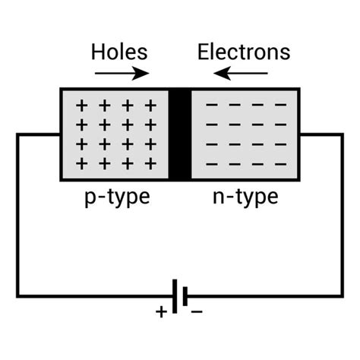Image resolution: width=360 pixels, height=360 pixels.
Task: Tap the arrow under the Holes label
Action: pyautogui.click(x=122, y=74)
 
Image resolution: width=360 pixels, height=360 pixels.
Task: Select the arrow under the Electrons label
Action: pyautogui.click(x=241, y=74)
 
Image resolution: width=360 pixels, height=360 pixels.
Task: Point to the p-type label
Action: pyautogui.click(x=116, y=199)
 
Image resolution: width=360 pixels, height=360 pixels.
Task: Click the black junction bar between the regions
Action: pyautogui.click(x=180, y=135)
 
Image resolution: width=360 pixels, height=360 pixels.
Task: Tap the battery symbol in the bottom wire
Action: pyautogui.click(x=179, y=296)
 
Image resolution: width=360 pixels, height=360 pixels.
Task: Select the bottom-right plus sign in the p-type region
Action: pyautogui.click(x=150, y=163)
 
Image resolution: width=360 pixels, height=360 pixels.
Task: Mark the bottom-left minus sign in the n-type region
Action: pyautogui.click(x=211, y=163)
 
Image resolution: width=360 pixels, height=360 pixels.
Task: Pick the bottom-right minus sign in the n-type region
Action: pyautogui.click(x=280, y=163)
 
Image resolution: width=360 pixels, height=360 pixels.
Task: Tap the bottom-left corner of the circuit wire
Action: pyautogui.click(x=18, y=296)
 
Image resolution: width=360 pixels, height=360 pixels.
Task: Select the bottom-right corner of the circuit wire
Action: pyautogui.click(x=341, y=296)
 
